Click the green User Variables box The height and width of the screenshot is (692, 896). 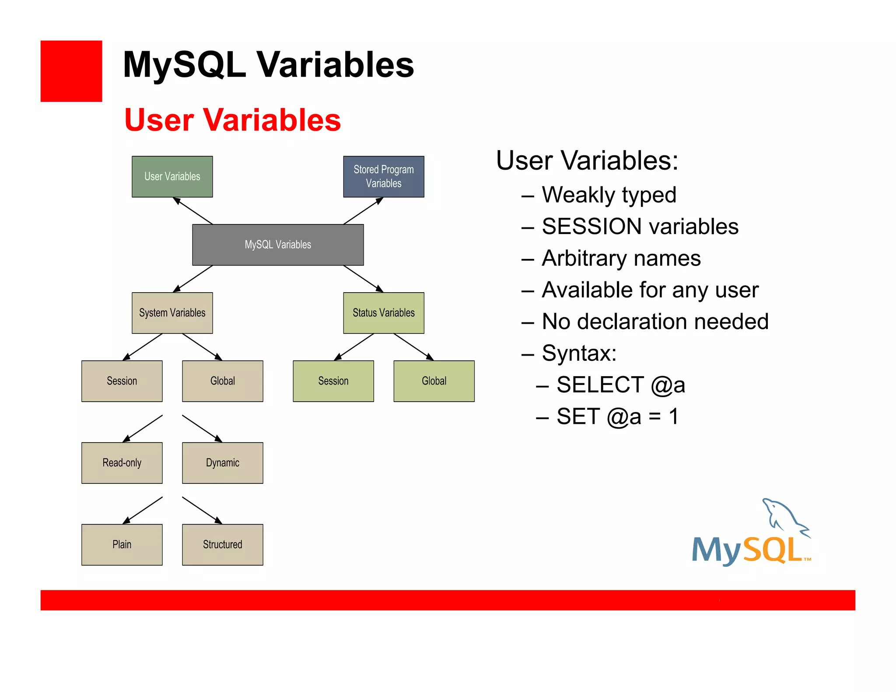tap(172, 177)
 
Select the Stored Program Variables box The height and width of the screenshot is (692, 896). tap(383, 177)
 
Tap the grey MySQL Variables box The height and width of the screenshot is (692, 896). tap(278, 245)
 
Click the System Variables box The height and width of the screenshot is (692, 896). tap(172, 313)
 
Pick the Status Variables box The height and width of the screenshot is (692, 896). tap(383, 313)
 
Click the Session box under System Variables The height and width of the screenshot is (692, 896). tap(122, 381)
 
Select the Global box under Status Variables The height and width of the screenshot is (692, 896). tap(434, 381)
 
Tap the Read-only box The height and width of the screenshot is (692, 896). tap(122, 463)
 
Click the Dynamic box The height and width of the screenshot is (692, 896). tap(222, 463)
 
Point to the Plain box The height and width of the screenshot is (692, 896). tap(122, 545)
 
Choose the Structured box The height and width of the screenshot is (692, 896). tap(222, 545)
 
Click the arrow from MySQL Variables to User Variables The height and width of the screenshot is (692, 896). tap(193, 211)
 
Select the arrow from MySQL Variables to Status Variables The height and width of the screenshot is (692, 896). tap(363, 279)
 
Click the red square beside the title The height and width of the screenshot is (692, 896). tap(71, 71)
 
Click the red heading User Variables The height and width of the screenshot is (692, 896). tap(232, 120)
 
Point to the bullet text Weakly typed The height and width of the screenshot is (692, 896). tap(609, 195)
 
